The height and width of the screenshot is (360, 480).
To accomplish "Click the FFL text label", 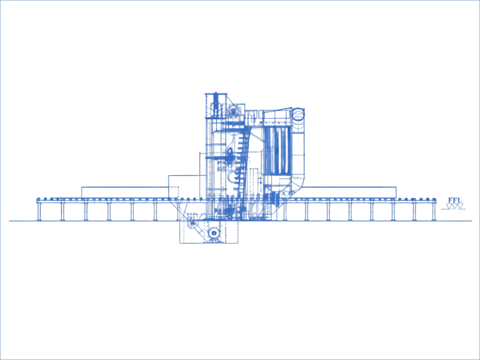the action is pyautogui.click(x=454, y=200).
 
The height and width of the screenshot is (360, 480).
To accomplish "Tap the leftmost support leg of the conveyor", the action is pyautogui.click(x=39, y=211).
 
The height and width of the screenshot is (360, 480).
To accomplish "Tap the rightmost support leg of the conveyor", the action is pyautogui.click(x=434, y=211).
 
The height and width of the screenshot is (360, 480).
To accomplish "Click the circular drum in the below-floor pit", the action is pyautogui.click(x=214, y=233).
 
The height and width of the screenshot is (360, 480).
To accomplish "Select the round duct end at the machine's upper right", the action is pyautogui.click(x=298, y=115).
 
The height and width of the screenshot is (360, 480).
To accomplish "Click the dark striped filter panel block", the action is pyautogui.click(x=278, y=151).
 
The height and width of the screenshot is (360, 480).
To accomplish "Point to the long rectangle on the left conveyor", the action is pyautogui.click(x=125, y=192).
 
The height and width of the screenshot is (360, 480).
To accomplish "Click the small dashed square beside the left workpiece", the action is pyautogui.click(x=173, y=192).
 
